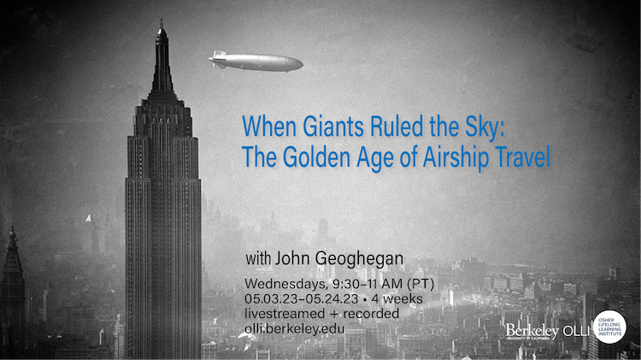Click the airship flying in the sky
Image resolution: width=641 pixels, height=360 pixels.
256,62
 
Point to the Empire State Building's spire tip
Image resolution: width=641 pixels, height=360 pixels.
162,20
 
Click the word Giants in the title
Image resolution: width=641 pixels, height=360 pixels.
332,127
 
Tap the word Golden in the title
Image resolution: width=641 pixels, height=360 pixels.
316,156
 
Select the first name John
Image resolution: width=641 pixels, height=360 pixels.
292,258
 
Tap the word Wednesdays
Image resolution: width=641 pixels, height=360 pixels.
286,284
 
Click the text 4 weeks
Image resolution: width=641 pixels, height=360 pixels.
397,298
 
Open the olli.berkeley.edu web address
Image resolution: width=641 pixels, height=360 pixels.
294,329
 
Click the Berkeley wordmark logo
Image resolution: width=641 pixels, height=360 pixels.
532,331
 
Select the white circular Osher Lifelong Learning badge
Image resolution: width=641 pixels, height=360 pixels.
609,327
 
